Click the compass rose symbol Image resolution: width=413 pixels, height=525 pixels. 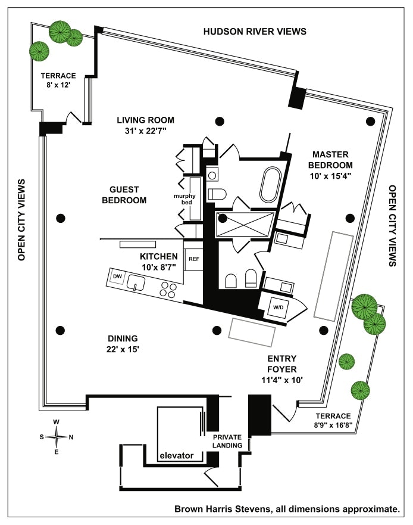(57, 437)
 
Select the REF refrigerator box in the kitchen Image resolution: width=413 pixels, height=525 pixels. (194, 259)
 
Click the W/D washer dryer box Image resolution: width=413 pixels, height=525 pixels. (278, 307)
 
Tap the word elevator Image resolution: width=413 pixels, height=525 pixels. (177, 456)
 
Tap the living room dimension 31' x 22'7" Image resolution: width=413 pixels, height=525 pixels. (146, 133)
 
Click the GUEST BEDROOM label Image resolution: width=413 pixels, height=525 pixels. (124, 195)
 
